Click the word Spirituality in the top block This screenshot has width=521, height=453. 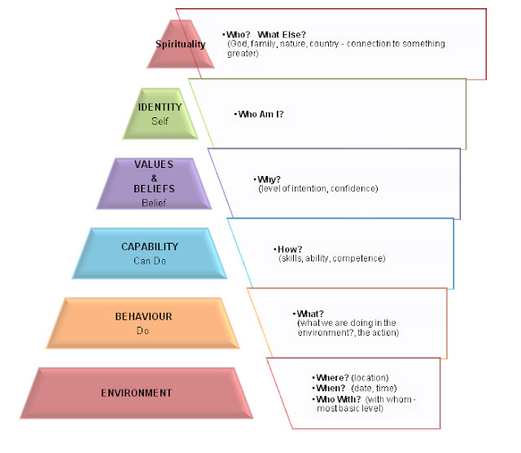181,44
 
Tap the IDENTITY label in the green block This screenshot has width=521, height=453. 160,107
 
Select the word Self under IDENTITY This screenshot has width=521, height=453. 160,121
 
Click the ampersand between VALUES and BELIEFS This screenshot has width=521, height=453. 154,177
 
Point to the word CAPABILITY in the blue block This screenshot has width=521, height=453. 150,247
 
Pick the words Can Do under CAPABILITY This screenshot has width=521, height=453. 150,262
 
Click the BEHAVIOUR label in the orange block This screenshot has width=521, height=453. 143,316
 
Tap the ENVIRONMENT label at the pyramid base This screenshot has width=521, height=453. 137,393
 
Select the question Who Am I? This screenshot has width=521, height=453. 260,114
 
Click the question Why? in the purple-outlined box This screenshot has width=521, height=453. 266,179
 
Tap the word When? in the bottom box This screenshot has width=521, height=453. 330,389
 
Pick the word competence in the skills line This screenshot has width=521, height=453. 364,258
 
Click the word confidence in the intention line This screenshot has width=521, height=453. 353,188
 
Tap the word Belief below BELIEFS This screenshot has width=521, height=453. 154,202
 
